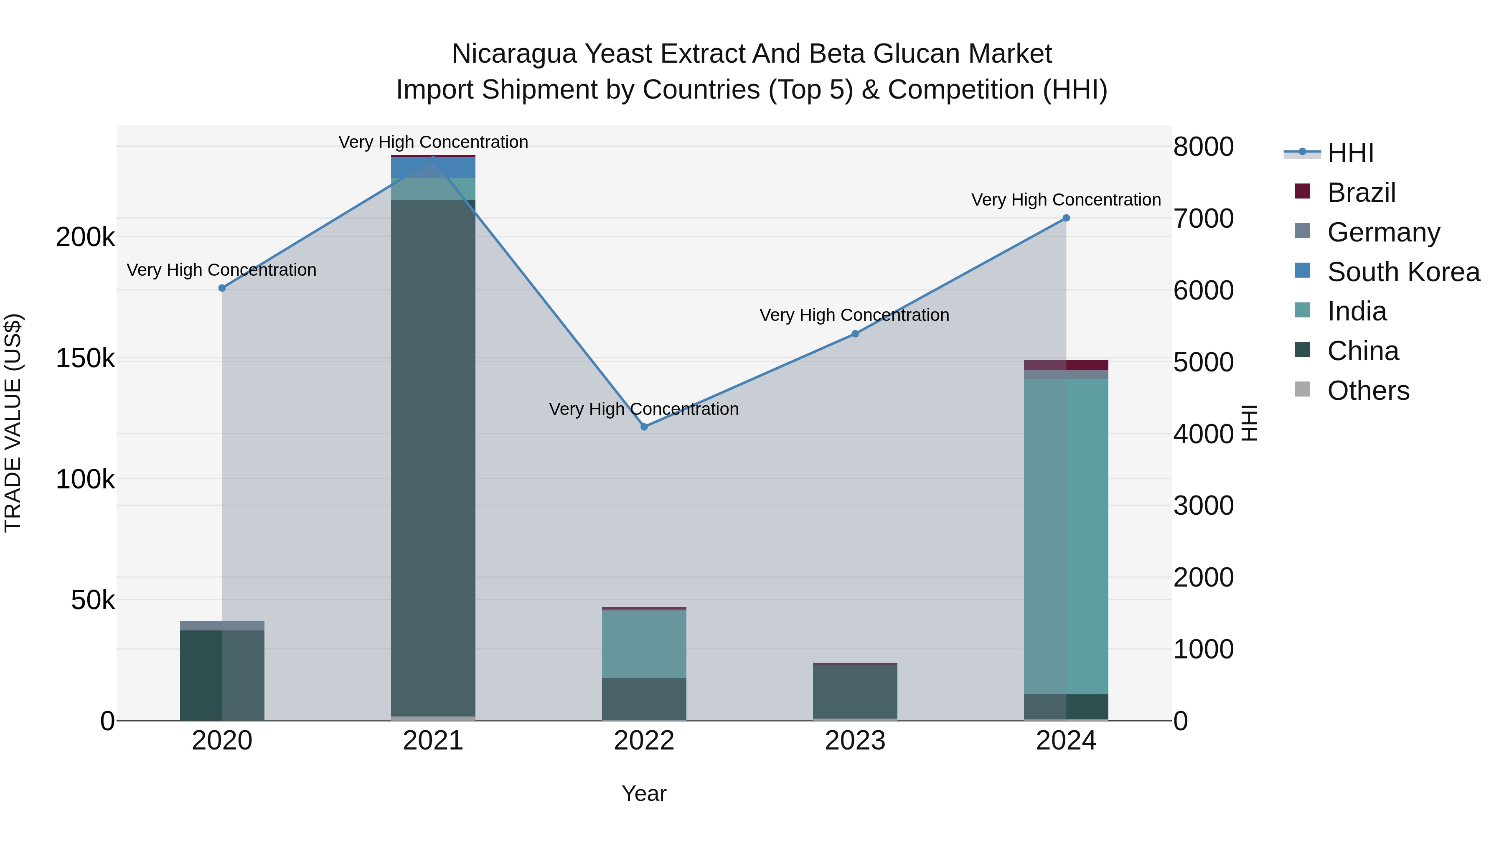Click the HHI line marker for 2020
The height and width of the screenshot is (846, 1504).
click(x=222, y=288)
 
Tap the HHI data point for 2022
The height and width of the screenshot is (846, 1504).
click(x=644, y=427)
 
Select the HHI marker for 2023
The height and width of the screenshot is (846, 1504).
click(x=855, y=334)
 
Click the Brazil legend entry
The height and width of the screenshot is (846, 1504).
click(x=1361, y=193)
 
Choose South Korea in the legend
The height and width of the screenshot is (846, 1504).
click(x=1403, y=272)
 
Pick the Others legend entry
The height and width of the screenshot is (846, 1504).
click(x=1368, y=391)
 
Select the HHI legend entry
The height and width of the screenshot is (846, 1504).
click(x=1349, y=153)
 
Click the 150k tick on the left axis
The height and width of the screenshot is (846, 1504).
click(x=85, y=358)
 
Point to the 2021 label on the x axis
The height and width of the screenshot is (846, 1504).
click(x=433, y=741)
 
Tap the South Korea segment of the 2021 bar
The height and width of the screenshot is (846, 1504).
click(x=433, y=168)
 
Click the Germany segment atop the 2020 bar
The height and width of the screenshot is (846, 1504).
click(x=222, y=626)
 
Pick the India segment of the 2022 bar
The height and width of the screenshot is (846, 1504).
click(x=644, y=644)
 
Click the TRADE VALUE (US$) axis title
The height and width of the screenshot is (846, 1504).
click(x=13, y=423)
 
